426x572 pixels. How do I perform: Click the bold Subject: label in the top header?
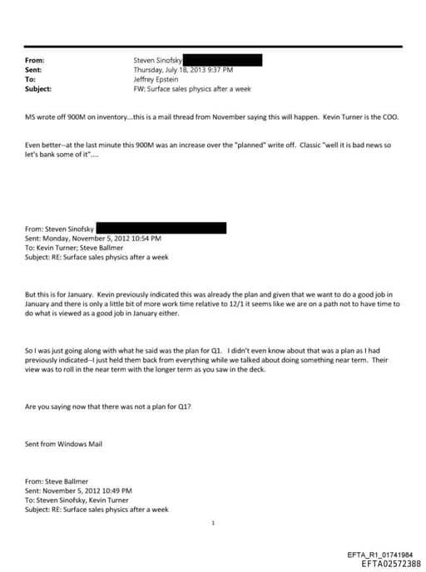(x=39, y=89)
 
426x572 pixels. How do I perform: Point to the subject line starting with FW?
(x=191, y=89)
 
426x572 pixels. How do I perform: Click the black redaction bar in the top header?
(x=222, y=60)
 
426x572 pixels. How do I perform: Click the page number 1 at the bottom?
(x=214, y=523)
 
